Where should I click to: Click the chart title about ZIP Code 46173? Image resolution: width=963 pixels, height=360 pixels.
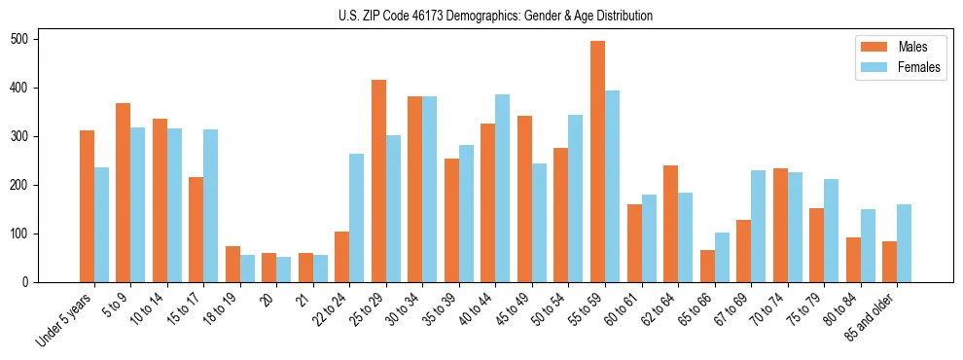pos(481,16)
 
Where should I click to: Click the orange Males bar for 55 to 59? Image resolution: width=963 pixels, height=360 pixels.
pos(597,162)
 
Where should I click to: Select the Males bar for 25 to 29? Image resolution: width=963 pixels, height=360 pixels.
pos(378,181)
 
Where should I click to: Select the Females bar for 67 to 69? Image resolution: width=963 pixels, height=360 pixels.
pos(758,227)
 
